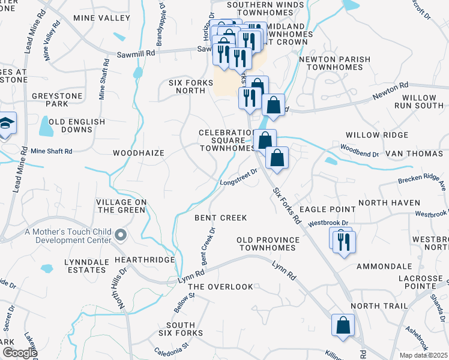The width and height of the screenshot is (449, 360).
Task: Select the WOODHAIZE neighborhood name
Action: tap(139, 153)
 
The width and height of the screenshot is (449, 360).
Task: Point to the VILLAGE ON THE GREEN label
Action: tap(122, 206)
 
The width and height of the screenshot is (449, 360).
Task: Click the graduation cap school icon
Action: tap(7, 124)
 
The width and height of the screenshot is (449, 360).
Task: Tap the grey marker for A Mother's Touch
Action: tap(121, 236)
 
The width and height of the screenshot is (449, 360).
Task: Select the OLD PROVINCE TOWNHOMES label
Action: tap(268, 244)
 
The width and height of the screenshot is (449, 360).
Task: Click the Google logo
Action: tap(19, 353)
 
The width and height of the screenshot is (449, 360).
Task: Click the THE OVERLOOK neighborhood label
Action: tap(220, 287)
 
